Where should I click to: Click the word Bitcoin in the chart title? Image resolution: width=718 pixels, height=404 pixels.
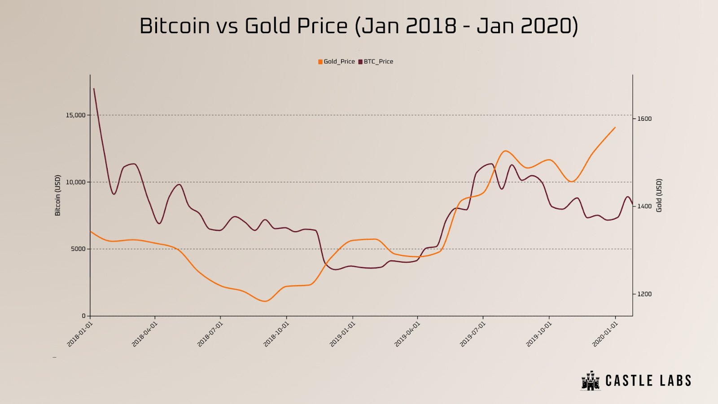click(174, 26)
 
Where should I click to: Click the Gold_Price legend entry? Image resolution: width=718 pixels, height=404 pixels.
click(337, 61)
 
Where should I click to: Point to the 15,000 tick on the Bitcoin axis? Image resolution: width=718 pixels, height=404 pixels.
click(75, 115)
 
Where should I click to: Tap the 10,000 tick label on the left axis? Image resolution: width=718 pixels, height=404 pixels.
click(75, 182)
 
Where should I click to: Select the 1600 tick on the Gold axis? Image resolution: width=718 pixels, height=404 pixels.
click(644, 119)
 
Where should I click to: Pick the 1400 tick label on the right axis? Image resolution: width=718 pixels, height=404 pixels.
click(644, 206)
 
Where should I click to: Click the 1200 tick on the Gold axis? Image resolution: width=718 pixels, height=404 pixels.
click(644, 294)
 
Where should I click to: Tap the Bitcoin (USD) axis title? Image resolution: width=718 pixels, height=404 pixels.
click(57, 195)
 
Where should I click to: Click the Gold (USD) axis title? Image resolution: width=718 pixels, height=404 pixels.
click(659, 195)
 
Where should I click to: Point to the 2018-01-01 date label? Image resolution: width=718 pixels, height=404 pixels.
click(80, 334)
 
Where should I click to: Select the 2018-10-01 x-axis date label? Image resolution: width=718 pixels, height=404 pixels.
click(276, 334)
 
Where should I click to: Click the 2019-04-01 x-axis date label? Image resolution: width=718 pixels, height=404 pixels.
click(407, 334)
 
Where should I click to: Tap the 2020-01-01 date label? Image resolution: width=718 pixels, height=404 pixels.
click(605, 334)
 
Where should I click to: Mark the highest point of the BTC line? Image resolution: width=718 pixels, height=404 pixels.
click(94, 89)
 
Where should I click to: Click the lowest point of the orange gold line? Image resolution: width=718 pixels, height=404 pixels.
click(264, 301)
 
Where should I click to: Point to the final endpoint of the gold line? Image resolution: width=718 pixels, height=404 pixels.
click(615, 127)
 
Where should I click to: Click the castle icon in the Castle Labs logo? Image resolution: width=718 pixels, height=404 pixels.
click(591, 381)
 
